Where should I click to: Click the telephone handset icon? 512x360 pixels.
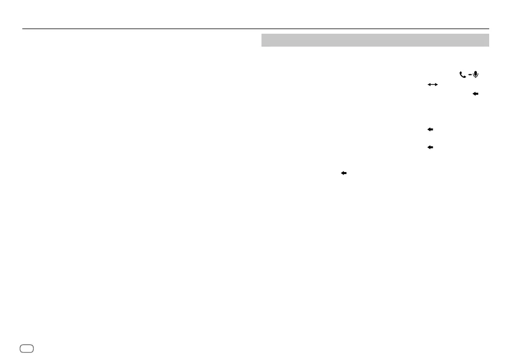click(463, 75)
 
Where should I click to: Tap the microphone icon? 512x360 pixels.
click(476, 74)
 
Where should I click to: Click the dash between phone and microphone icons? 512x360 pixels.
click(469, 75)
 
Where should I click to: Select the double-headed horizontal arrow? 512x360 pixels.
click(433, 85)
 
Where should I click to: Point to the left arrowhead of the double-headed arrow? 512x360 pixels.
click(429, 85)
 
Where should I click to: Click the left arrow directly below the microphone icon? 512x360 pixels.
click(475, 93)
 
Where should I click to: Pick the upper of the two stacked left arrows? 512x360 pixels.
click(430, 129)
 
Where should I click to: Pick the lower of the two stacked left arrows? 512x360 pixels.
click(430, 147)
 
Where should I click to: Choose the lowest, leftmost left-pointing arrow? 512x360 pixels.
click(343, 173)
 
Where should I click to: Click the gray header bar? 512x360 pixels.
click(375, 40)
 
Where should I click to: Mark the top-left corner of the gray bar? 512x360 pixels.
click(261, 34)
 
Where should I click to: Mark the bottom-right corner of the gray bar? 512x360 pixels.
click(489, 46)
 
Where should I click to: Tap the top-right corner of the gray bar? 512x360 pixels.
click(489, 34)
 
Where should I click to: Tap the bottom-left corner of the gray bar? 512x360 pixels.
click(261, 46)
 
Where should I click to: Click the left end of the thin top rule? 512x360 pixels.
click(23, 29)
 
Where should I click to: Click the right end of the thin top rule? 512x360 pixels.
click(489, 29)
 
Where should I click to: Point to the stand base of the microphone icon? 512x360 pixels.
click(476, 78)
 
